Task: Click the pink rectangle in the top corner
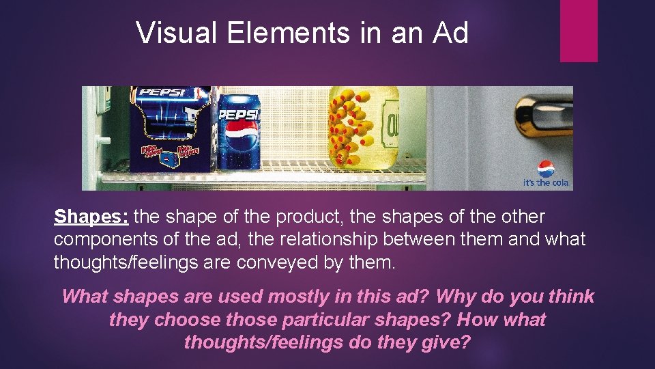click(579, 31)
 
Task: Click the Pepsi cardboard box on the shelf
click(171, 130)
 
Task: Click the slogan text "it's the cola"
click(546, 183)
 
